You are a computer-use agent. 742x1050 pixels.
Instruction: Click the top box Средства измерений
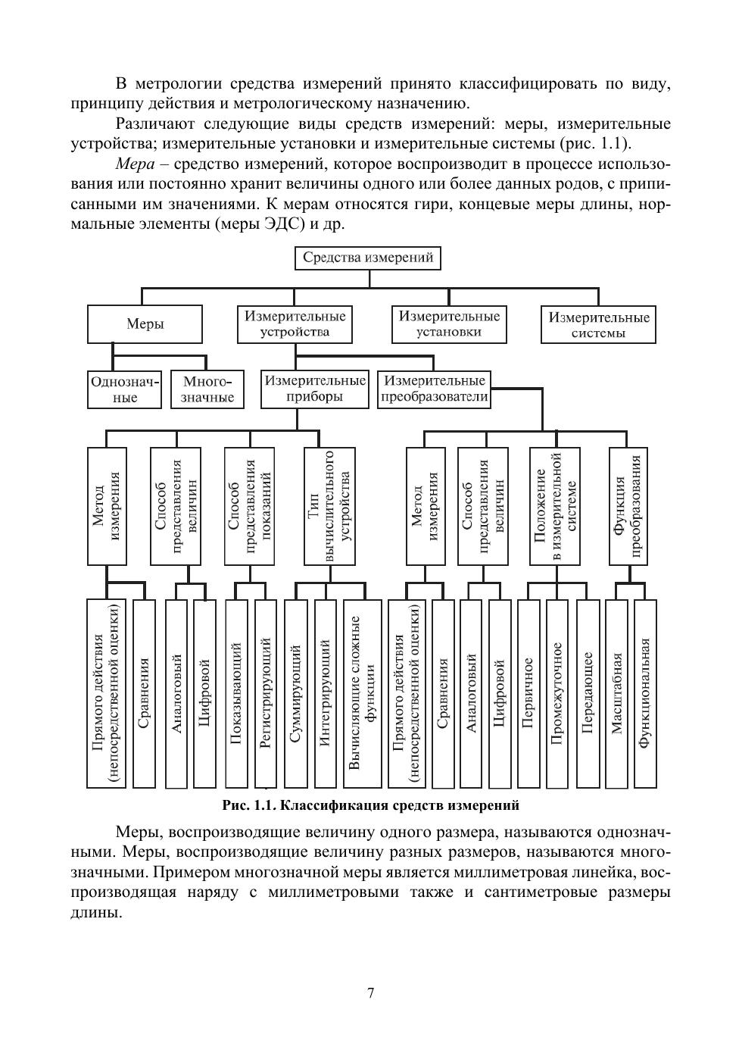point(368,258)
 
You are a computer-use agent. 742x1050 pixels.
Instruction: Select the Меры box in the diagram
point(145,324)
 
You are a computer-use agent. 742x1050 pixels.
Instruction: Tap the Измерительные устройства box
point(295,323)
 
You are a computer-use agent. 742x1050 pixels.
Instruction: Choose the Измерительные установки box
point(449,323)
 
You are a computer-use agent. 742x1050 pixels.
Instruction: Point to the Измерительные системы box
point(598,324)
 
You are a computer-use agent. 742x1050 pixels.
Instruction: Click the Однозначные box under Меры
point(125,389)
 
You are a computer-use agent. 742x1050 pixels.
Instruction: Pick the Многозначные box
point(207,389)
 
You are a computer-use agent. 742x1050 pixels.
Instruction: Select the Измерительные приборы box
point(314,389)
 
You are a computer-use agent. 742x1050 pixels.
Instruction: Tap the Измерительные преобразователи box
point(434,389)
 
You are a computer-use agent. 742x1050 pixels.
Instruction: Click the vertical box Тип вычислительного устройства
point(329,506)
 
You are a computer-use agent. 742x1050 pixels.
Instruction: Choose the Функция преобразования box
point(628,506)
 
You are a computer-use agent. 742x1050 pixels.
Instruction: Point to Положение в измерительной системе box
point(555,506)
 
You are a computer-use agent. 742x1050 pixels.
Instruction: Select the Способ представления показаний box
point(249,506)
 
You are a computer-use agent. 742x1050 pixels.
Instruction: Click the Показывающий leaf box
point(235,693)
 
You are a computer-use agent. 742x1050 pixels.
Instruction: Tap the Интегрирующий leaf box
point(325,693)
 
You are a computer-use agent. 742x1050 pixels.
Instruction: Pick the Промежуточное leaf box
point(556,693)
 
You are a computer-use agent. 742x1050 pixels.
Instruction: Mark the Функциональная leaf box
point(644,693)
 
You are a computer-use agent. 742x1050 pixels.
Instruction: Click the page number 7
point(371,993)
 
